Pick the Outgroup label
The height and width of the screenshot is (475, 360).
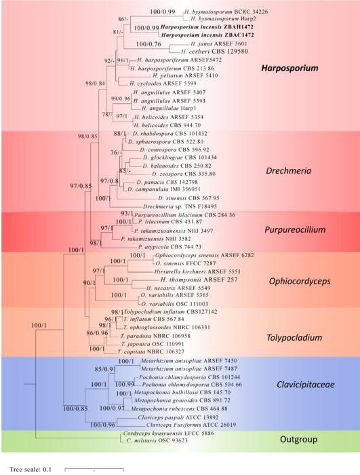(x=298, y=440)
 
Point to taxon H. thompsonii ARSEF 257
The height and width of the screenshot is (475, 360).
(x=194, y=279)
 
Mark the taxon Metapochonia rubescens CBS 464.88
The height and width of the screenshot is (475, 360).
(x=171, y=409)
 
